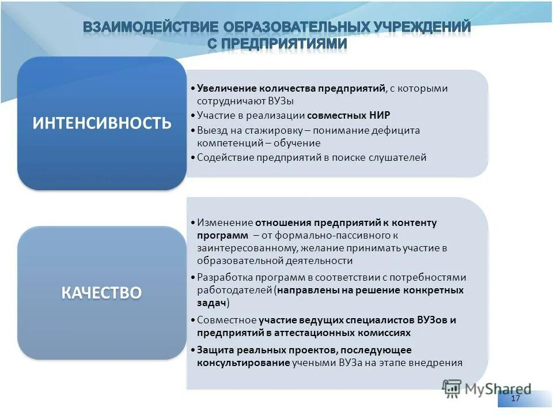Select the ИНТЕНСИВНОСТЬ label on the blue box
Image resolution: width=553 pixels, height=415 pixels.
click(x=102, y=123)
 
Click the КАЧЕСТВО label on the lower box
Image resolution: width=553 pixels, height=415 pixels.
click(x=102, y=292)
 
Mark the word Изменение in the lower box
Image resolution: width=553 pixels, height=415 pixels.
click(x=225, y=222)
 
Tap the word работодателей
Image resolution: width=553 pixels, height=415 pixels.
click(x=234, y=290)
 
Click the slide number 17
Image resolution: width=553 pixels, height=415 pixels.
click(x=516, y=399)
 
